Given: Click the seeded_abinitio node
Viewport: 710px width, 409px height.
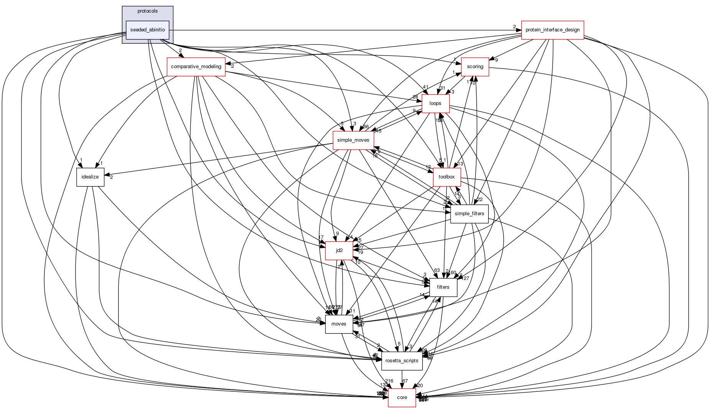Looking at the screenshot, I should (148, 30).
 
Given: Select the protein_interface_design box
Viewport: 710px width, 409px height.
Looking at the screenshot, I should (552, 30).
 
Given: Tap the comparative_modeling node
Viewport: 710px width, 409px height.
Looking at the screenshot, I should (196, 67).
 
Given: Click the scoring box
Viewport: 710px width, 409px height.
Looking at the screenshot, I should (475, 67).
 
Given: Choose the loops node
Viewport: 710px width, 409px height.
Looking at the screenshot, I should (435, 103).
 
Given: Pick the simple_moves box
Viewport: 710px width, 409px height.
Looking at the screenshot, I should (353, 140).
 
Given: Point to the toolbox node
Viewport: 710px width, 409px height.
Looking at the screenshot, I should (446, 177).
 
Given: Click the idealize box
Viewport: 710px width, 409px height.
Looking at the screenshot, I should (90, 177).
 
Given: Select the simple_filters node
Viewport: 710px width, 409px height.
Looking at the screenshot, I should (469, 214).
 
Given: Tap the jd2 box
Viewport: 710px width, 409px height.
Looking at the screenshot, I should (339, 250).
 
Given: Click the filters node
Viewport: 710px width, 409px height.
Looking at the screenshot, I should (443, 287).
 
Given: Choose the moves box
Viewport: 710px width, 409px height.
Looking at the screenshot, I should (339, 324).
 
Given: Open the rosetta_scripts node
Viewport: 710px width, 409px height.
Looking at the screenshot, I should (402, 361).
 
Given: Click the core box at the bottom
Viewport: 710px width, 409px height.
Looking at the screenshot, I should (402, 398).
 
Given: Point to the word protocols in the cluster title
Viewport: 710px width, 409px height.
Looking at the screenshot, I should (148, 11).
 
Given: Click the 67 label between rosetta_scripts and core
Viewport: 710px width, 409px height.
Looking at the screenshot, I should (405, 381).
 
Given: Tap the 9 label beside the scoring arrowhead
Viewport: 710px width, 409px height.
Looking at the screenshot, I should (496, 60).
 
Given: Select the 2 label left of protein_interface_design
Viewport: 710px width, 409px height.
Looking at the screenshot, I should (515, 26).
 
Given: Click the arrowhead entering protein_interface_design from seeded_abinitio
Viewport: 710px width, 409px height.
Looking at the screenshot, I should (519, 30).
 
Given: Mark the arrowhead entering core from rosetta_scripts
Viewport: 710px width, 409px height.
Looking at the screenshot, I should (402, 386).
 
